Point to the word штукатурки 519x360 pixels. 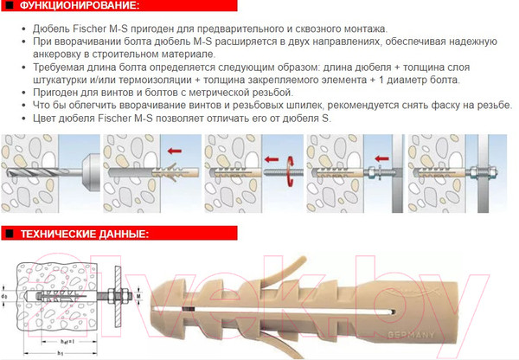(59, 80)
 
